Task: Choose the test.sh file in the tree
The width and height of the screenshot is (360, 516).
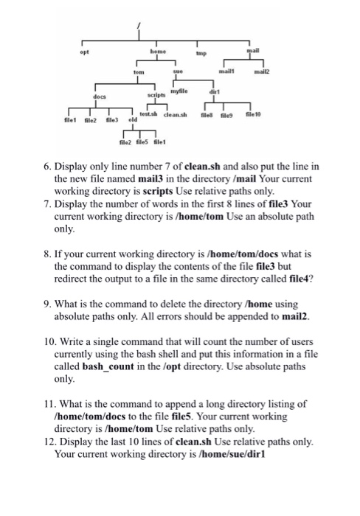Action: click(x=162, y=122)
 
